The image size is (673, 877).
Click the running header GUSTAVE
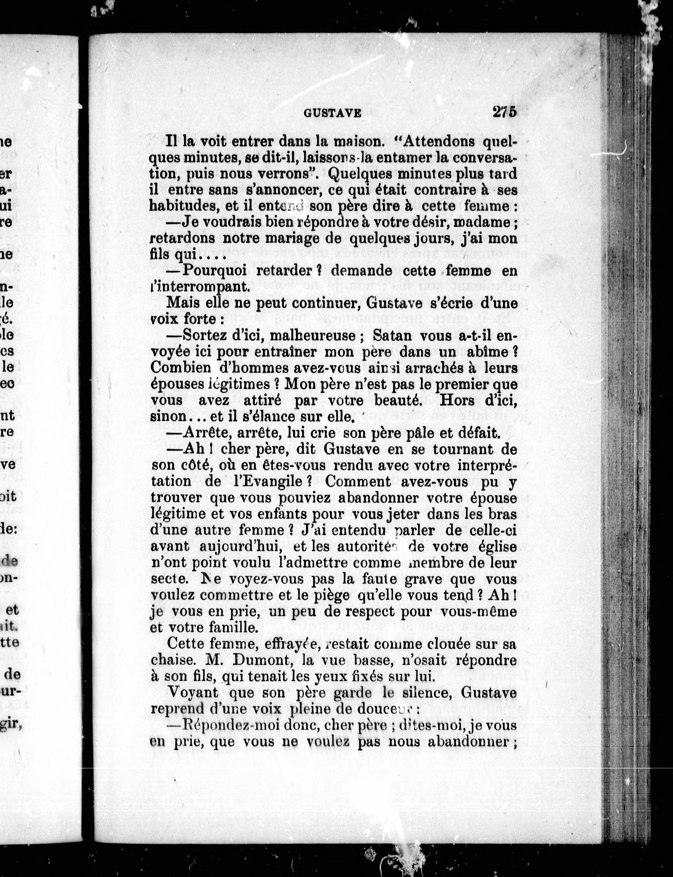tap(332, 113)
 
